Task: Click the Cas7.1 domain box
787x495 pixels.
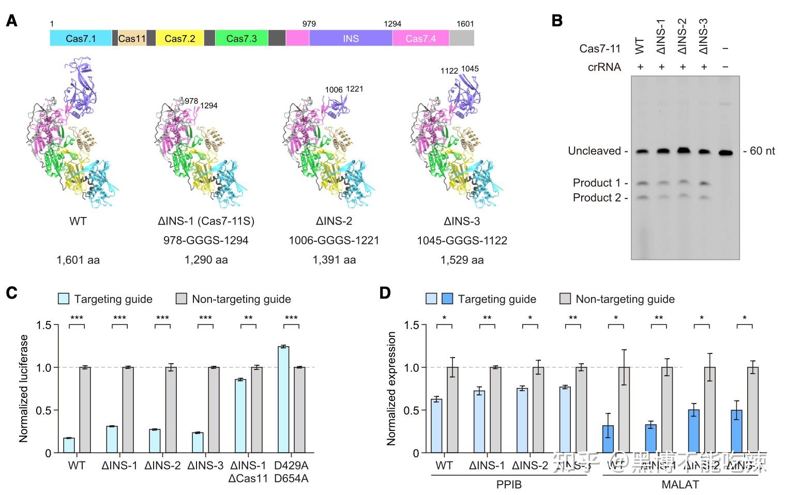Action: coord(81,38)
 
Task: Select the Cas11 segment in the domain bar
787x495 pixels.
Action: coord(132,38)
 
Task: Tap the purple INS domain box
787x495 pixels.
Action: coord(351,38)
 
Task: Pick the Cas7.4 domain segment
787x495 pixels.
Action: coord(420,38)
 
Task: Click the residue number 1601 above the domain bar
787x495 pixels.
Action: coord(465,24)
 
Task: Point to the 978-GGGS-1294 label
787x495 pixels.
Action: coord(206,240)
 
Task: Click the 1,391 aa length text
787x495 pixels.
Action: coord(334,260)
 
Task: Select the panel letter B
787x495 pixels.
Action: coord(557,21)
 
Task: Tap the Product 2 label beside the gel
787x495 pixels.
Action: coord(597,197)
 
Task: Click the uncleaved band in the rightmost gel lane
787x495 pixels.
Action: coord(726,152)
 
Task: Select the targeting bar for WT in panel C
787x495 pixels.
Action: coord(69,445)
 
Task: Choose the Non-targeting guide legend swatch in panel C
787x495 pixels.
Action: coord(181,299)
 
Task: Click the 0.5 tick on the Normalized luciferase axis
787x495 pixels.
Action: coord(44,410)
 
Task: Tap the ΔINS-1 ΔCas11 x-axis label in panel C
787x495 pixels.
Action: coord(248,472)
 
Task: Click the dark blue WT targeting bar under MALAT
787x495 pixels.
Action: coord(609,439)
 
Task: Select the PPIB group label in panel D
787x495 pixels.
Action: coord(509,485)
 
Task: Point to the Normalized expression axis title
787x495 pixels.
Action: coord(391,389)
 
